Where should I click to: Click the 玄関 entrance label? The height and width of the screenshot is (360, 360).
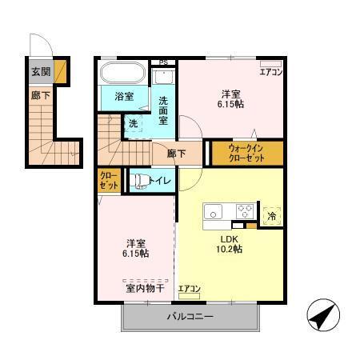click(39, 72)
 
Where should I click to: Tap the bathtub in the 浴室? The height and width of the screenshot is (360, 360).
click(122, 75)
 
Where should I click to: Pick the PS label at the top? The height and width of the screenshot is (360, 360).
click(164, 62)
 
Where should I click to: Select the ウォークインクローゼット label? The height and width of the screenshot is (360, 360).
click(244, 152)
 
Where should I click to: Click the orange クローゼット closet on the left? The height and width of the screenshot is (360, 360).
click(109, 180)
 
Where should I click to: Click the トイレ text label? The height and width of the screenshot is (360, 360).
click(159, 182)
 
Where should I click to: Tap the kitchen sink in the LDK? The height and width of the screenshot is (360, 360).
click(214, 212)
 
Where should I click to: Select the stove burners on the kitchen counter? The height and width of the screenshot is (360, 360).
click(244, 212)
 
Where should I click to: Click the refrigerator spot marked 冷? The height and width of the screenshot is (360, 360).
click(272, 216)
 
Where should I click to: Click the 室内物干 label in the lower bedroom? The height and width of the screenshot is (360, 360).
click(145, 287)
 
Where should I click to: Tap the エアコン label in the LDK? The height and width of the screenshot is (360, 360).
click(189, 289)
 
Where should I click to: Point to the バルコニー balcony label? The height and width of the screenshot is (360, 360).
click(190, 318)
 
